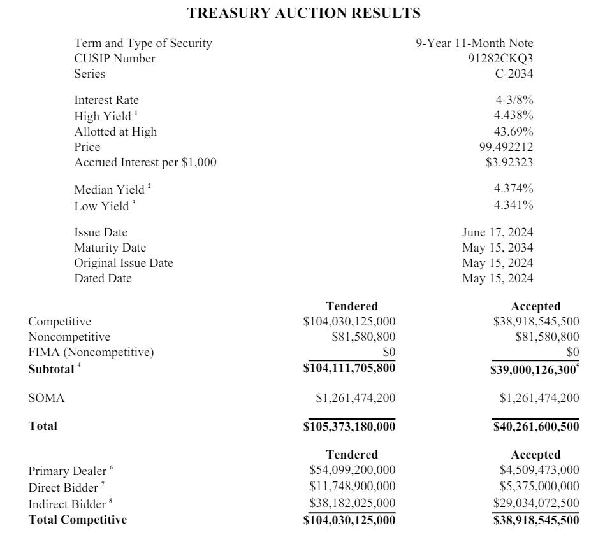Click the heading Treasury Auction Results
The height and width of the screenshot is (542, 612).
pos(304,13)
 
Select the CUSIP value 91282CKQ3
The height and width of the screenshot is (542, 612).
pos(500,59)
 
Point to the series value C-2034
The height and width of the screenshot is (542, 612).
pos(509,74)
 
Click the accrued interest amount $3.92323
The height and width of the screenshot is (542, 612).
pos(509,162)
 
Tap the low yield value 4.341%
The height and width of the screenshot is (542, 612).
pos(513,205)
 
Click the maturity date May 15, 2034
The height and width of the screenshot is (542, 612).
pos(498,248)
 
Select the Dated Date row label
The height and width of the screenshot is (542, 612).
pos(103,278)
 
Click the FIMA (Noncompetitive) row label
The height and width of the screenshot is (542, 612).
pos(91,352)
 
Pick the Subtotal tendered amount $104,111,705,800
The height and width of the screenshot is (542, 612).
pos(349,369)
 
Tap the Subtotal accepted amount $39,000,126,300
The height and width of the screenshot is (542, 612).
pos(534,369)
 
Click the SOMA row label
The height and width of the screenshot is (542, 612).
pos(47,398)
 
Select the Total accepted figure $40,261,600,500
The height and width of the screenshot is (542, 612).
pos(536,426)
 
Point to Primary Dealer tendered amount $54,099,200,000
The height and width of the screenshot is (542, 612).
pos(352,471)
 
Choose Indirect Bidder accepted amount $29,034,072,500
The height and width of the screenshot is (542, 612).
pos(536,504)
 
